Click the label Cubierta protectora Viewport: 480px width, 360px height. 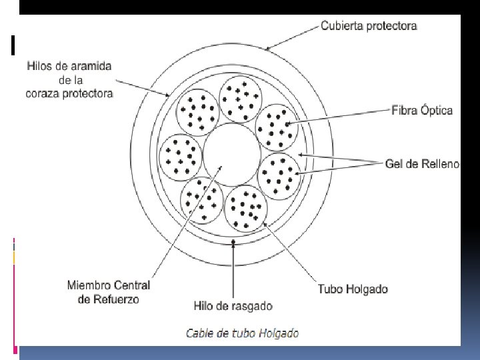tap(369, 26)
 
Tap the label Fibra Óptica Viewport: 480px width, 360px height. tap(422, 110)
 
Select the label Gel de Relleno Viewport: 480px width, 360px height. tap(422, 163)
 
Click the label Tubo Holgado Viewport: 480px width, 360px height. tap(353, 289)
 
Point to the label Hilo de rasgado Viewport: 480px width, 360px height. tap(233, 306)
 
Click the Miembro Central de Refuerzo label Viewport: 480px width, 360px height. tap(109, 292)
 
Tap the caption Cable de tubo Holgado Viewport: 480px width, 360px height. tap(242, 333)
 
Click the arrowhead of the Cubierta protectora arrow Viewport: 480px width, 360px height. tap(267, 49)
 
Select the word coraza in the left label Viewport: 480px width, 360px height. tap(43, 93)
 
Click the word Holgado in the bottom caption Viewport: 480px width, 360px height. tap(280, 333)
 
